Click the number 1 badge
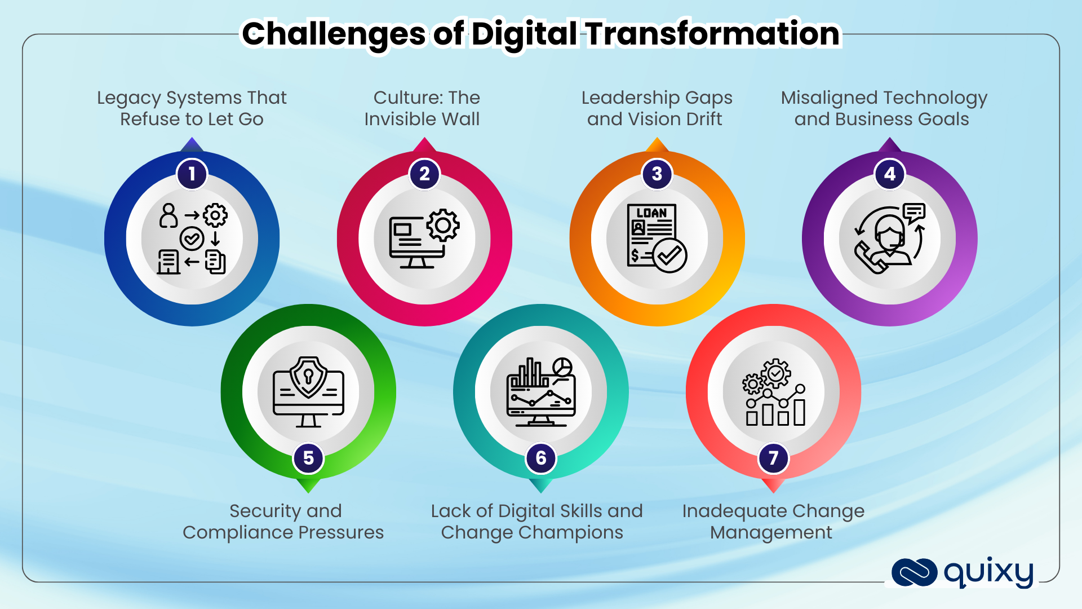pyautogui.click(x=192, y=174)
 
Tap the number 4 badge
pyautogui.click(x=890, y=174)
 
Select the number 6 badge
pyautogui.click(x=541, y=458)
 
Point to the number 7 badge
pyautogui.click(x=773, y=458)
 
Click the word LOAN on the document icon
pyautogui.click(x=652, y=213)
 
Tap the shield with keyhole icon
pyautogui.click(x=308, y=376)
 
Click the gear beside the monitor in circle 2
pyautogui.click(x=443, y=225)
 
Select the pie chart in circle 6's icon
pyautogui.click(x=562, y=367)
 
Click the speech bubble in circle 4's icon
pyautogui.click(x=914, y=212)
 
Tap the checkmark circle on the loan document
pyautogui.click(x=669, y=255)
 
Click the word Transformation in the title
pyautogui.click(x=713, y=34)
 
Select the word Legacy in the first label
pyautogui.click(x=129, y=98)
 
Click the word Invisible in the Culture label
pyautogui.click(x=397, y=120)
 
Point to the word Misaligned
pyautogui.click(x=823, y=98)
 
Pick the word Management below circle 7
pyautogui.click(x=771, y=533)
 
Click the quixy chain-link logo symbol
pyautogui.click(x=914, y=572)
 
